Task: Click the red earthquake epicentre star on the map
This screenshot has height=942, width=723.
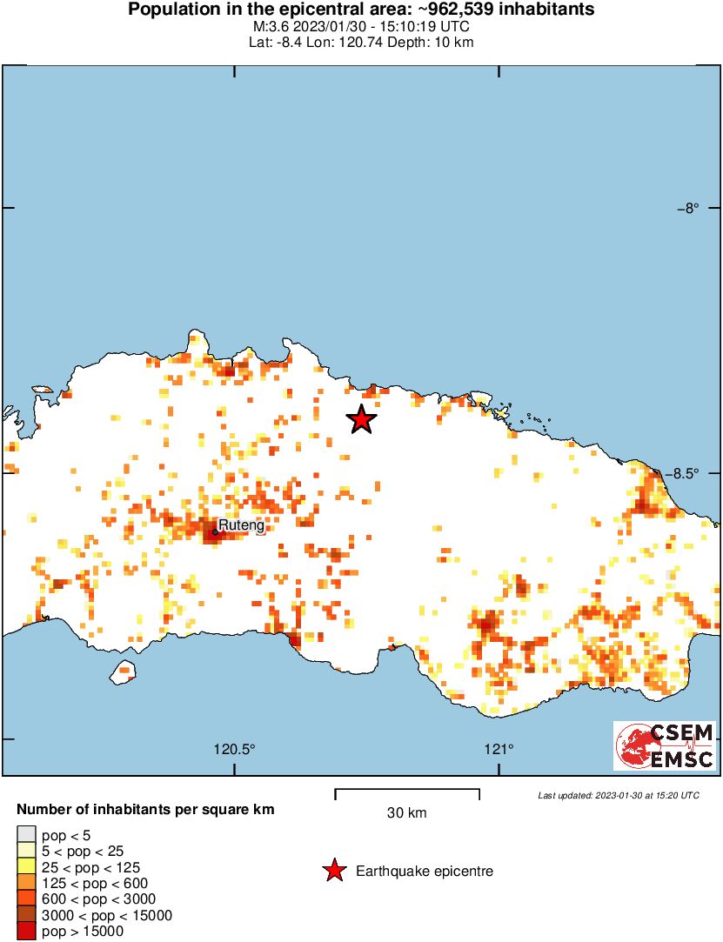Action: pyautogui.click(x=362, y=419)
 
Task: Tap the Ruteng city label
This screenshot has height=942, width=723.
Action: pyautogui.click(x=241, y=525)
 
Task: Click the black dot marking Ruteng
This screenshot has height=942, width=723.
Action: pyautogui.click(x=215, y=531)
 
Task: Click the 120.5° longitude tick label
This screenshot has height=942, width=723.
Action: pyautogui.click(x=235, y=749)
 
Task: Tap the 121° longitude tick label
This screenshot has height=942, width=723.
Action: pyautogui.click(x=499, y=749)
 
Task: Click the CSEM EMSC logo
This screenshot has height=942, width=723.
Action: pyautogui.click(x=666, y=745)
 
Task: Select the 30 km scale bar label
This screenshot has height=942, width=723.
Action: pyautogui.click(x=406, y=813)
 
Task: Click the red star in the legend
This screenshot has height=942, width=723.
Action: pyautogui.click(x=333, y=871)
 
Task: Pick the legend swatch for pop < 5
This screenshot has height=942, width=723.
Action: pyautogui.click(x=27, y=835)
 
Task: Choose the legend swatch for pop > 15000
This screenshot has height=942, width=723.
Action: pyautogui.click(x=27, y=931)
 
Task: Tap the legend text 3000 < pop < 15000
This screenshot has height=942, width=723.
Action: pyautogui.click(x=107, y=915)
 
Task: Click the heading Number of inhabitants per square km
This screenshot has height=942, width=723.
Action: pyautogui.click(x=145, y=810)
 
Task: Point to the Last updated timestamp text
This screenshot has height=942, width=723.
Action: pyautogui.click(x=618, y=795)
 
